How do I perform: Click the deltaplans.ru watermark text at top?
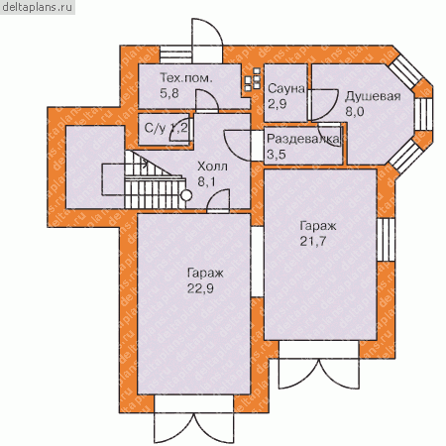click(37, 7)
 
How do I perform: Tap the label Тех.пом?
click(186, 78)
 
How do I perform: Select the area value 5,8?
click(169, 93)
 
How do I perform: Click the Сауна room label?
click(286, 89)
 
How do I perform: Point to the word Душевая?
click(373, 96)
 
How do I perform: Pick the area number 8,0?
click(355, 111)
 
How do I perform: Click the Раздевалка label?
click(303, 139)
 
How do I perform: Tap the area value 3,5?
click(277, 155)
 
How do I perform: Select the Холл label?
click(212, 167)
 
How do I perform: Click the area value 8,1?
click(206, 181)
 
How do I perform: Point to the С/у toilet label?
click(155, 128)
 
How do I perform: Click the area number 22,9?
click(200, 288)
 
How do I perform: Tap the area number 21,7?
click(313, 241)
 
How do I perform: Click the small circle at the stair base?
click(186, 195)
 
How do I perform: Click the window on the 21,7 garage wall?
click(386, 240)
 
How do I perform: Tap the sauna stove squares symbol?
click(253, 79)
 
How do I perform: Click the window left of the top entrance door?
click(176, 55)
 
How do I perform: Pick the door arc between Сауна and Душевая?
click(324, 104)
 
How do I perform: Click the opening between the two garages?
click(257, 262)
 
